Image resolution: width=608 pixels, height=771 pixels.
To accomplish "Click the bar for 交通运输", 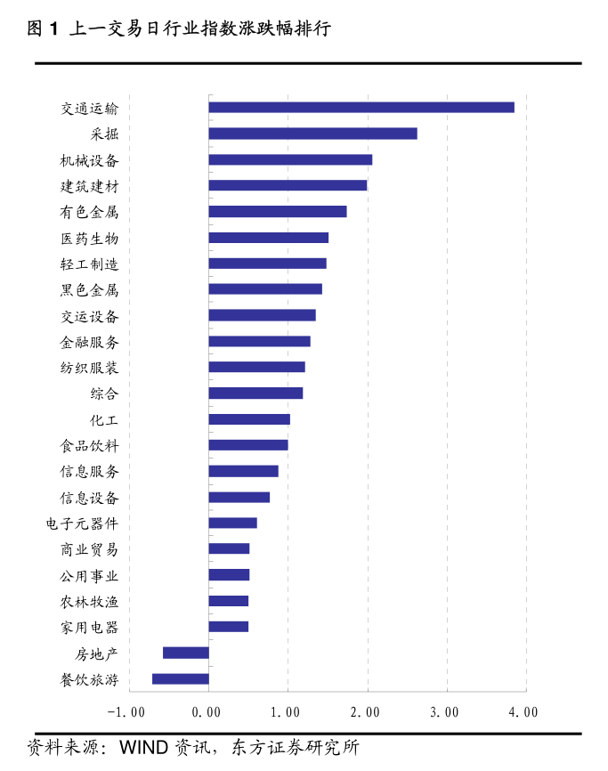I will tap(361, 108).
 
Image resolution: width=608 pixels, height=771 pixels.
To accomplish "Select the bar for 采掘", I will tap(312, 134).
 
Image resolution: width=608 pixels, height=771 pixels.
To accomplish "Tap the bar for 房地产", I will tap(186, 653).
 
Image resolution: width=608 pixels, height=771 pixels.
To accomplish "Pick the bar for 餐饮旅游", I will tap(181, 678).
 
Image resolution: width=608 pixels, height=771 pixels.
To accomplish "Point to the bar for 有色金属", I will tap(278, 211).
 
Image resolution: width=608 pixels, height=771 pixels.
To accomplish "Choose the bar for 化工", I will tap(249, 419).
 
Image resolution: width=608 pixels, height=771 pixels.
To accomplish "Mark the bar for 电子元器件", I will tap(232, 523).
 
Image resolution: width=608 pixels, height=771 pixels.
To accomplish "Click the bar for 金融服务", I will tap(259, 341).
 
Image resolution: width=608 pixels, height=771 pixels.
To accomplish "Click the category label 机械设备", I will tap(89, 160).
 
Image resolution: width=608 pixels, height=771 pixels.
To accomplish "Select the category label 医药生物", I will tap(89, 239).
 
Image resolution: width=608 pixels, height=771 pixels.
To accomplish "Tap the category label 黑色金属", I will tap(89, 290).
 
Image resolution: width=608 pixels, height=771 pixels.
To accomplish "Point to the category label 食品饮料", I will tap(89, 445).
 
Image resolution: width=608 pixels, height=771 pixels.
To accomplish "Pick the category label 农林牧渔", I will tap(89, 601).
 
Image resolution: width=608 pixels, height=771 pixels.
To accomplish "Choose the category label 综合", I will tap(104, 394).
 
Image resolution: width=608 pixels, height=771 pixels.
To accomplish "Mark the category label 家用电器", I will tap(89, 628).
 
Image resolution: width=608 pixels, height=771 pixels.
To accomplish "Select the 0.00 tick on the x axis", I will tap(207, 711).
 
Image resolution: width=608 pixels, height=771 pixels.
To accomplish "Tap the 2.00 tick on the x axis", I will tap(366, 711).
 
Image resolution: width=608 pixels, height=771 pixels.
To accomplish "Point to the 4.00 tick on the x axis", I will tap(524, 711).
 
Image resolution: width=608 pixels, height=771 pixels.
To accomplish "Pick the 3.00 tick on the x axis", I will tap(445, 711).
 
